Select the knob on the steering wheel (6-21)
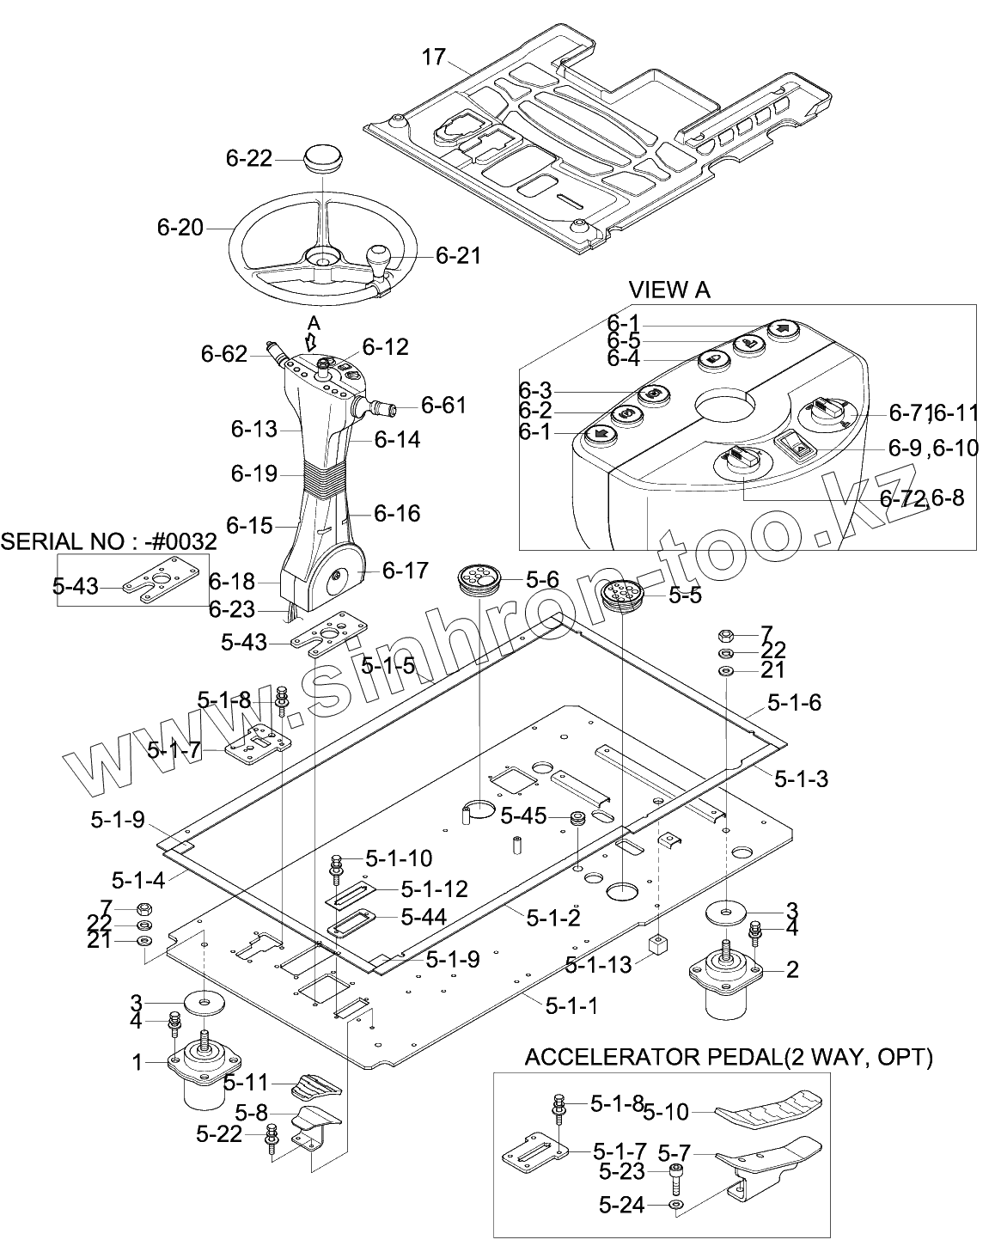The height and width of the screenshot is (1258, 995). [x=378, y=256]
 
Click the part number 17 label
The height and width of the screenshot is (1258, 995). [x=435, y=58]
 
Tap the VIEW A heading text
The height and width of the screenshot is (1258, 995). [x=669, y=290]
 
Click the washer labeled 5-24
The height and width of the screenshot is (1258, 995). [x=676, y=1206]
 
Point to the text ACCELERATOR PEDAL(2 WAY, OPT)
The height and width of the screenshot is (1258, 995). [x=729, y=1057]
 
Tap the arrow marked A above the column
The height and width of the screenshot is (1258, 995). [x=314, y=338]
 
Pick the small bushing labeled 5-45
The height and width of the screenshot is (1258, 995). [x=577, y=816]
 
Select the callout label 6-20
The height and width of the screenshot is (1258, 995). [x=180, y=228]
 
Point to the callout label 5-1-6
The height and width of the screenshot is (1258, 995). [x=794, y=703]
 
